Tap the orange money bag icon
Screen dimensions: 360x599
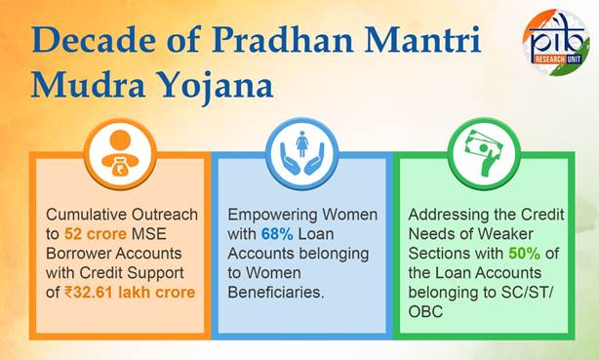120,153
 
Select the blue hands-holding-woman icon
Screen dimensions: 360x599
298,153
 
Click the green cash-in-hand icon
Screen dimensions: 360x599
478,154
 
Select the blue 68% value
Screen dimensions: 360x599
278,233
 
